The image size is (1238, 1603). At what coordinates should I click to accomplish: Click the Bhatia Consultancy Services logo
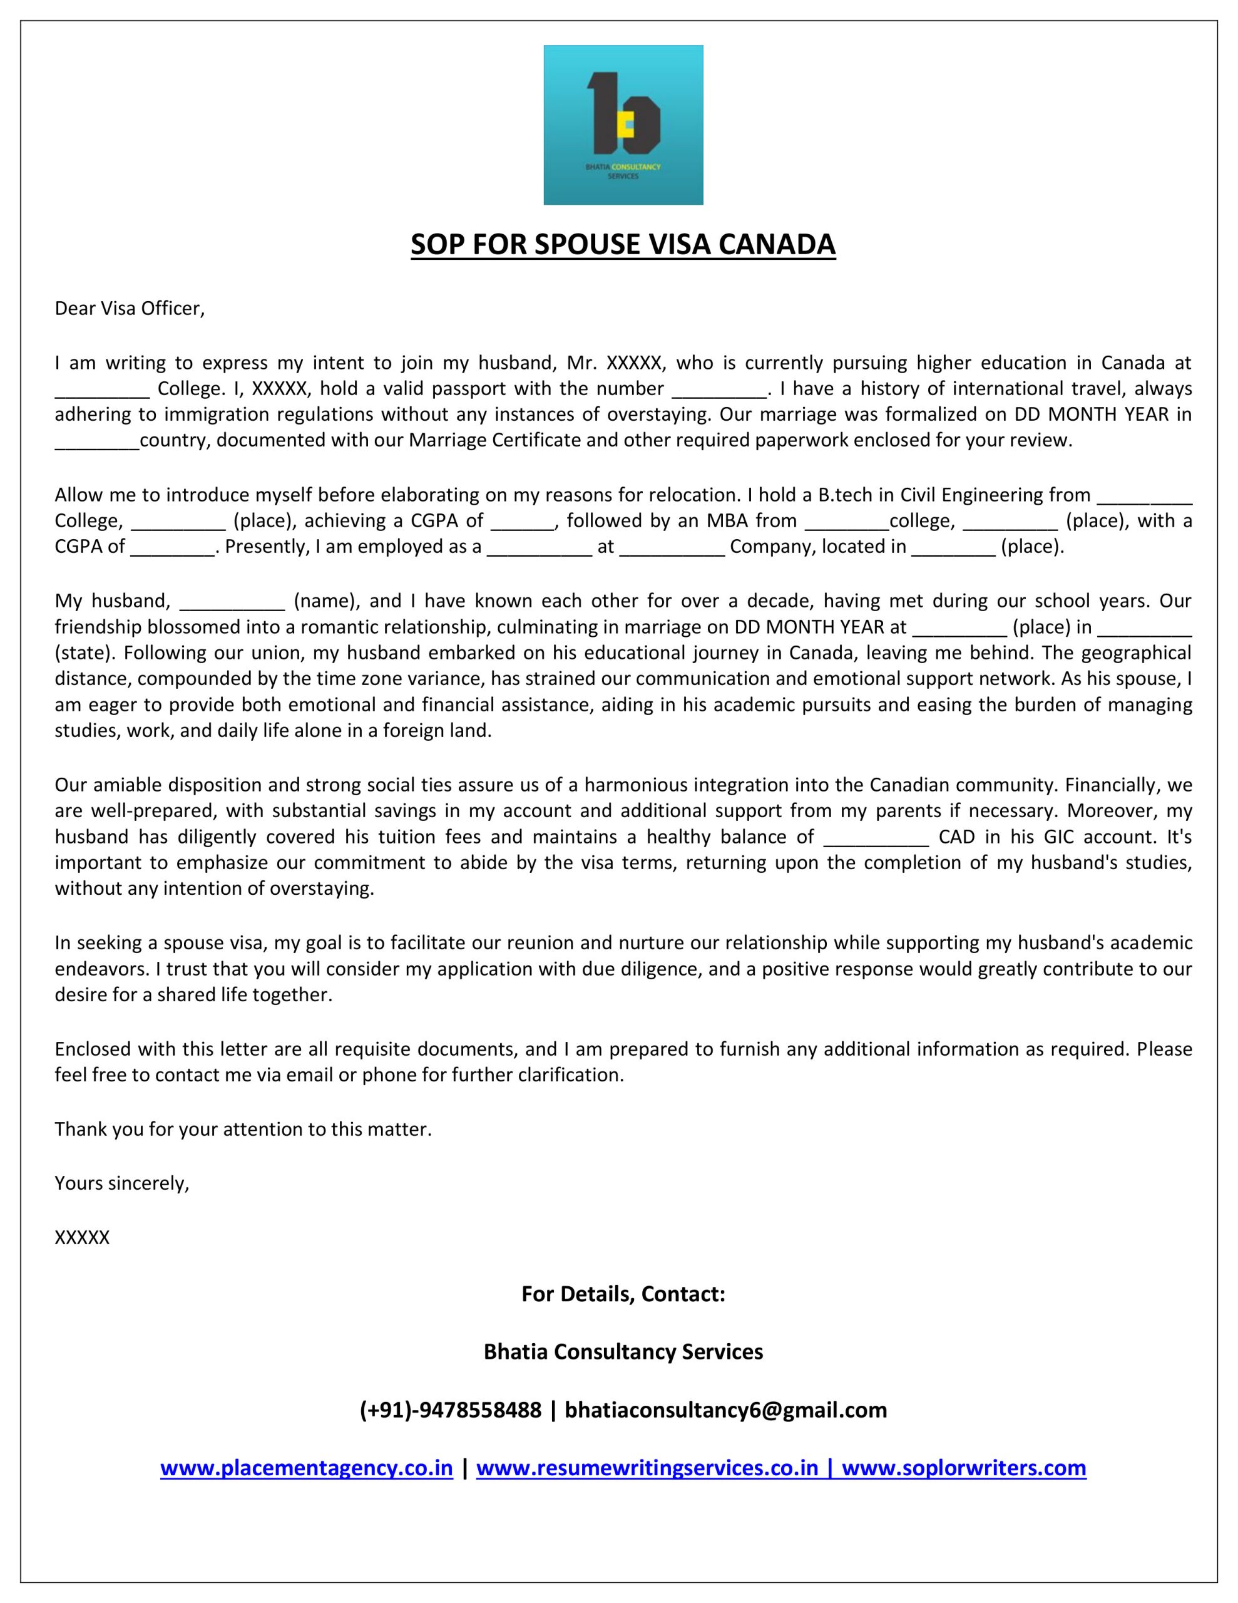click(x=623, y=125)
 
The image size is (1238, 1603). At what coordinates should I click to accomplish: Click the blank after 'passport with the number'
click(x=719, y=389)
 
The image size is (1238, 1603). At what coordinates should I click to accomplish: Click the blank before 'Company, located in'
click(x=672, y=547)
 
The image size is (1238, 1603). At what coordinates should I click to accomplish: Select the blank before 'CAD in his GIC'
click(x=876, y=837)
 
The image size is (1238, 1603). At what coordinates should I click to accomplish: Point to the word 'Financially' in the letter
click(x=1111, y=785)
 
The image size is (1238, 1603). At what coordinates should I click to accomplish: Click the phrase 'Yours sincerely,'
click(x=122, y=1183)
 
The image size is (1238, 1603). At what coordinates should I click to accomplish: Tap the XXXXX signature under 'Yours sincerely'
click(x=82, y=1237)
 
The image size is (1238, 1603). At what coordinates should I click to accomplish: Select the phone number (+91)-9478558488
click(x=451, y=1410)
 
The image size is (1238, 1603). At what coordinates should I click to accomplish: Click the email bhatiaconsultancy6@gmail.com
click(x=726, y=1410)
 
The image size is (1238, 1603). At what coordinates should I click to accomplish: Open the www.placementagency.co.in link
click(x=306, y=1468)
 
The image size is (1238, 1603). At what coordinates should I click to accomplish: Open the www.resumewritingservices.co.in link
click(x=647, y=1468)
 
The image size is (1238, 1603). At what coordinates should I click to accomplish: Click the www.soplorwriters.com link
click(x=963, y=1468)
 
